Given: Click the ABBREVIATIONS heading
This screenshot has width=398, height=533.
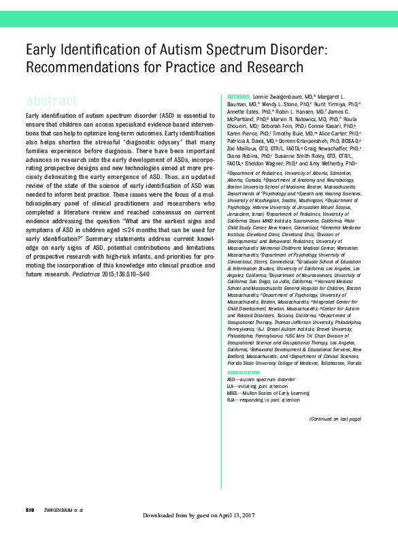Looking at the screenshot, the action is (244, 372).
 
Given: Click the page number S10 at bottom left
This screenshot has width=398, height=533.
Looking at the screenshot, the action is (29, 510).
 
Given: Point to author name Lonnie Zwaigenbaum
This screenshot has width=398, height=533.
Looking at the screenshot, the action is (280, 97).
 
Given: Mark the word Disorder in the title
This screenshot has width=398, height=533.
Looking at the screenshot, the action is (296, 51).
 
